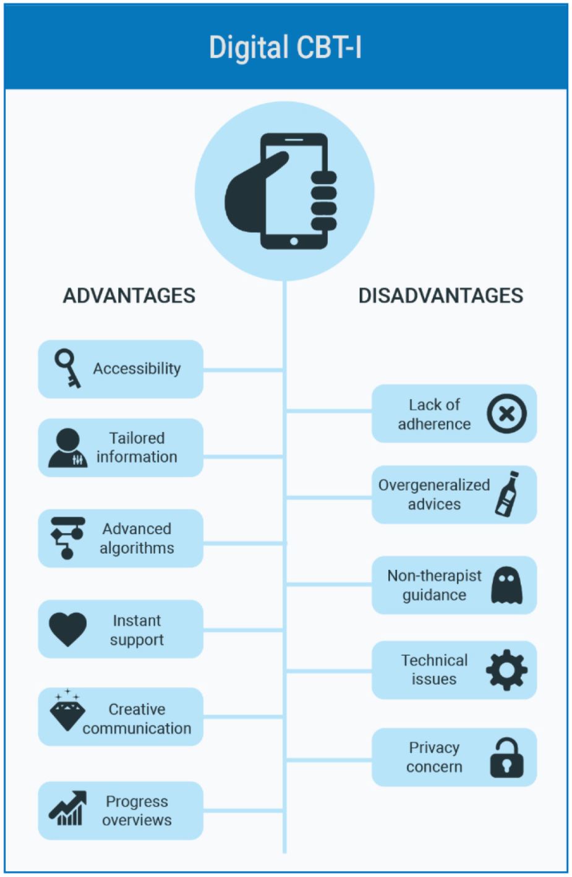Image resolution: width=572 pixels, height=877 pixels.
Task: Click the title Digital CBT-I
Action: point(285,48)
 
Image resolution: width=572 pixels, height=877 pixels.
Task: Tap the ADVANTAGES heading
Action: point(129,296)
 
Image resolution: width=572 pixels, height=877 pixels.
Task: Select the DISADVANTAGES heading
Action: point(441,296)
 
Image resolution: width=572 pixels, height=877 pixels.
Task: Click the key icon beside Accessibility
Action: point(67,368)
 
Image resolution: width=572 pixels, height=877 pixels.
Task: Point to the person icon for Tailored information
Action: point(67,447)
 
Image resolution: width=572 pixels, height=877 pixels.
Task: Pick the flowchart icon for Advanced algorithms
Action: point(67,538)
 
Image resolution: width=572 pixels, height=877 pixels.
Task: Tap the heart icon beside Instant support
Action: point(67,629)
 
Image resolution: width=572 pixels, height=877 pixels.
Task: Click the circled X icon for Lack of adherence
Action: point(506,413)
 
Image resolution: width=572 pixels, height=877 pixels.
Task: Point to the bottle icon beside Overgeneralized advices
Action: point(506,494)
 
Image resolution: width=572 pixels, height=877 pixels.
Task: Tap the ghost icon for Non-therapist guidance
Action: point(506,585)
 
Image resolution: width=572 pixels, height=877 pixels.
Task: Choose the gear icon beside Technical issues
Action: point(506,670)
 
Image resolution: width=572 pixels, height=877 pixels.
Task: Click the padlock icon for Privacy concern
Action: point(506,758)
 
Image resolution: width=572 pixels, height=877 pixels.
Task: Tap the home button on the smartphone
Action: point(294,241)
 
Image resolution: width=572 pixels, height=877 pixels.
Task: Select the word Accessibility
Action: point(137,368)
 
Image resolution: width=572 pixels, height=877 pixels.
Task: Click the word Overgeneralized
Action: point(434,486)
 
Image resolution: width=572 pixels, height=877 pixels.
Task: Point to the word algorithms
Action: point(137,549)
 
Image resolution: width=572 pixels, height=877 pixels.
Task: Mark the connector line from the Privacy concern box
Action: point(329,760)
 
